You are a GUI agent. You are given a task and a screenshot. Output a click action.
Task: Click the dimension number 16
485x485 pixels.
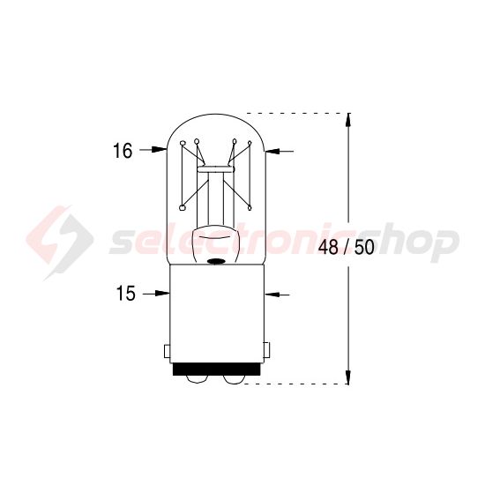coord(122,152)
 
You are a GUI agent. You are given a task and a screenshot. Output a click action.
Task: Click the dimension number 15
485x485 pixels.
coord(125,294)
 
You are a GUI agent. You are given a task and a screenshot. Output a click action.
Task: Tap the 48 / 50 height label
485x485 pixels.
coord(346,246)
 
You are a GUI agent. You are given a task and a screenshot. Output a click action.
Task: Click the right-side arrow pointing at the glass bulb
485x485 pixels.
coord(280,152)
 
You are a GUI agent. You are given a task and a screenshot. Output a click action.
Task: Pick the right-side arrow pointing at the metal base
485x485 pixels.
coord(280,294)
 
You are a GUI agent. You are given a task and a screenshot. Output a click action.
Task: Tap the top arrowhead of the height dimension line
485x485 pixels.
coord(350,119)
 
